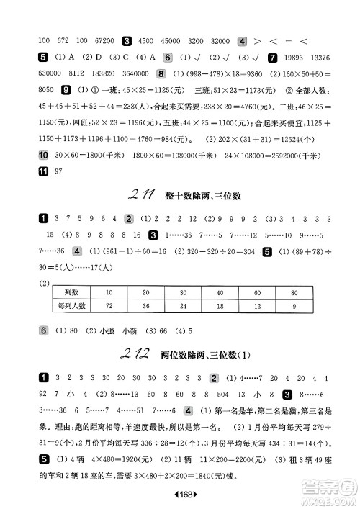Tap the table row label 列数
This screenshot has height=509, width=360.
[x=70, y=292]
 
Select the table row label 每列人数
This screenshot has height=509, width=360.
[x=70, y=306]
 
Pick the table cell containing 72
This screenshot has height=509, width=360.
[x=109, y=306]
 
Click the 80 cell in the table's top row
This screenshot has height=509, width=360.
[x=294, y=292]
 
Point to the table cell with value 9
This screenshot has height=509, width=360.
[x=294, y=306]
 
